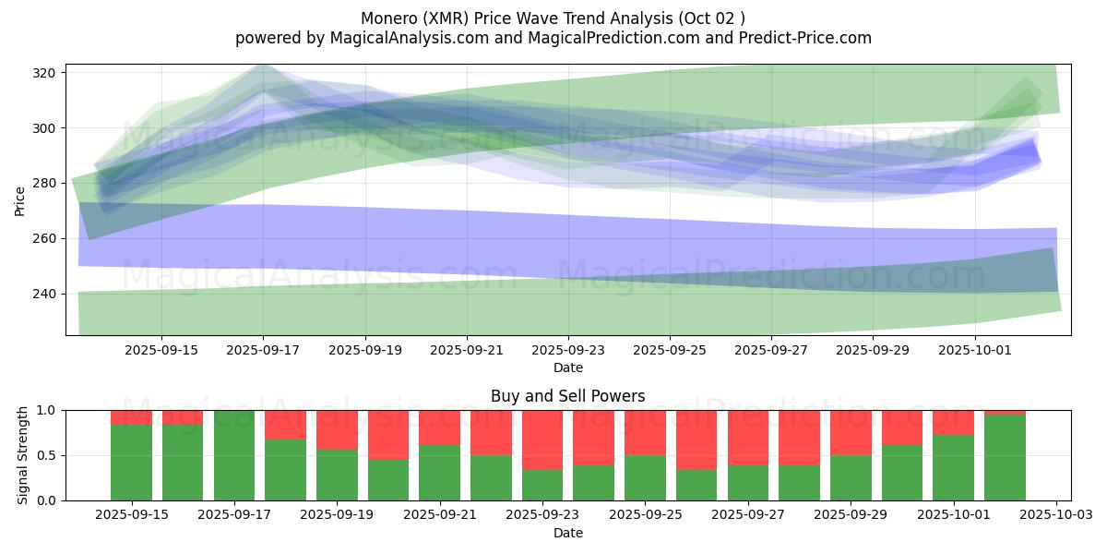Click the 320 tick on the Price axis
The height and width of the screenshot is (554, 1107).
48,73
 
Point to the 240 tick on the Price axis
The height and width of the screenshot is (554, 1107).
48,294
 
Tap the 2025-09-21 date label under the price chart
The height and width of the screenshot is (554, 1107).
467,350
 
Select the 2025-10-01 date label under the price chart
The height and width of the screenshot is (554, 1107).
975,350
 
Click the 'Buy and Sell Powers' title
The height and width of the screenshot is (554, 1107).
567,396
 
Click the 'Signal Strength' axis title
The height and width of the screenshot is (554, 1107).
23,455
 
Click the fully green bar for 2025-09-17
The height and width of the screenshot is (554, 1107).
234,455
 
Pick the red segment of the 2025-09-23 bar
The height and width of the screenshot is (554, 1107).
542,440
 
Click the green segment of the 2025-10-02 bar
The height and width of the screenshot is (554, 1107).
1005,458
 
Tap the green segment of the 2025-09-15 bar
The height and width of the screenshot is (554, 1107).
131,463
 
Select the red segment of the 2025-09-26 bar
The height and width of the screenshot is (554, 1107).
696,440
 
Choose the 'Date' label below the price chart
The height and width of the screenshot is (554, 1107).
567,367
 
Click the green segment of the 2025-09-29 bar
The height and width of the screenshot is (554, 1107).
851,478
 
